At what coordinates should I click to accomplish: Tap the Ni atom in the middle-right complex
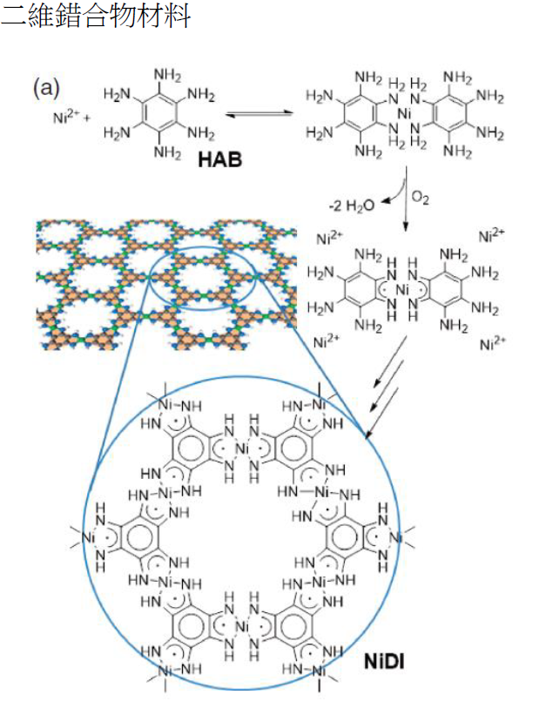[x=402, y=288]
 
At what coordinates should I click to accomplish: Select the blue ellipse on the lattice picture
[x=203, y=278]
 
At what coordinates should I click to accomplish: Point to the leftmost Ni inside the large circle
[x=87, y=539]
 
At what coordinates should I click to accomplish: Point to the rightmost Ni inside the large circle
[x=394, y=538]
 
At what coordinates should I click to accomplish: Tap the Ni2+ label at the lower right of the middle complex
[x=491, y=344]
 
